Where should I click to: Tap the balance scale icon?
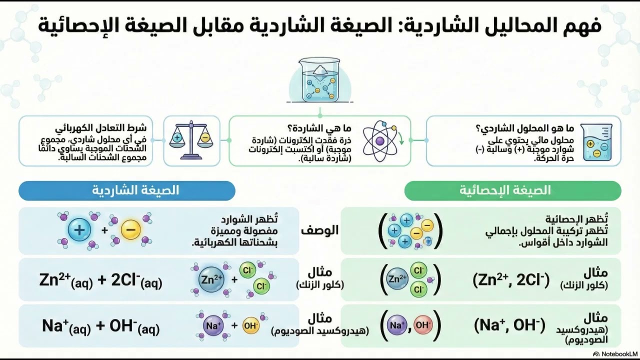coord(190,140)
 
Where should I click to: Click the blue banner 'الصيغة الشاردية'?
coord(127,190)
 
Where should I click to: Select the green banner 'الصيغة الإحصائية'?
coord(512,190)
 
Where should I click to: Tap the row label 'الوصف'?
coord(319,230)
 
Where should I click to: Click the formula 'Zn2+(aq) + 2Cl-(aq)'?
coord(100,280)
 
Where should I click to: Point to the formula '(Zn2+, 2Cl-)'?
coord(510,280)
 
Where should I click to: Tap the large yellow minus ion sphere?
coord(130,230)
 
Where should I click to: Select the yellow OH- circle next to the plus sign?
coord(250,326)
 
